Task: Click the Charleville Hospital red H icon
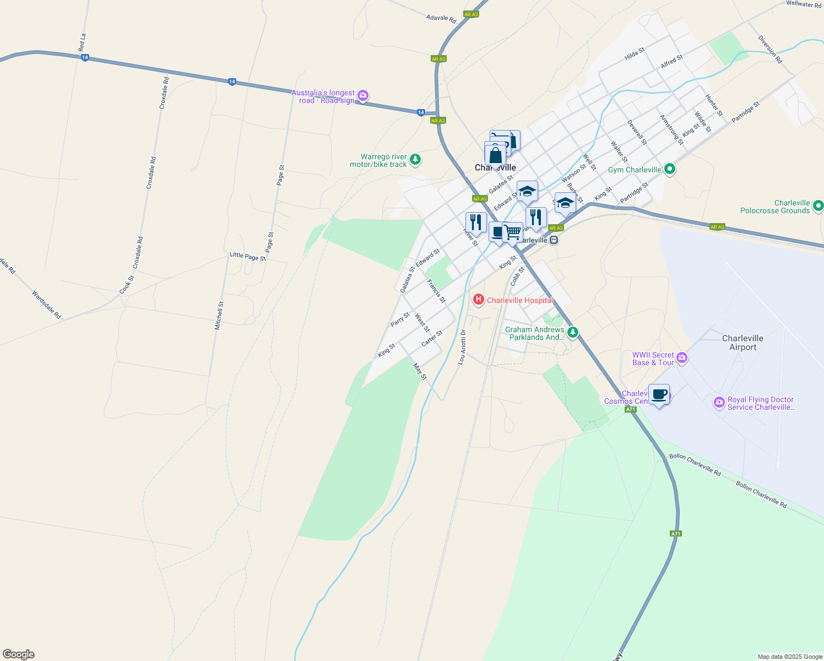(479, 300)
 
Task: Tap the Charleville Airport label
(742, 343)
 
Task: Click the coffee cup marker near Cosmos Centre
(659, 395)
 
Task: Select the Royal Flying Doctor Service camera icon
(719, 403)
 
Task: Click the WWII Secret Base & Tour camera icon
(682, 359)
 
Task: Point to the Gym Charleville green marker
(669, 169)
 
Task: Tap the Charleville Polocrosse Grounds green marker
(818, 206)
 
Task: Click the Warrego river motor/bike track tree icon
(415, 160)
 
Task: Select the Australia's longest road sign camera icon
(362, 96)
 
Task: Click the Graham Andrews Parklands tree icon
(573, 332)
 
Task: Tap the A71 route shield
(676, 534)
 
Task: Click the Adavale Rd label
(441, 19)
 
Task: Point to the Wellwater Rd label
(803, 4)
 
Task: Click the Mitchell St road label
(219, 316)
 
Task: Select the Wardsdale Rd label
(46, 305)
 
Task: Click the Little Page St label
(247, 256)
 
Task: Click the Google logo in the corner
(18, 654)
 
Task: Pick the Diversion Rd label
(769, 50)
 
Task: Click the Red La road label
(82, 42)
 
